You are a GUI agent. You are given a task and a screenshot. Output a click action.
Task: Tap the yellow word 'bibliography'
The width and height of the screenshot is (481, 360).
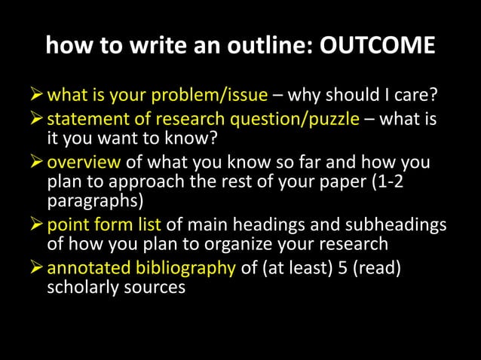186,268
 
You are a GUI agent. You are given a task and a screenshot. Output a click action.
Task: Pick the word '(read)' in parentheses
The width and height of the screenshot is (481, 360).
372,268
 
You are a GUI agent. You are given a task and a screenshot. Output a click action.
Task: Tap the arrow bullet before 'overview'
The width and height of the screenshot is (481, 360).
36,161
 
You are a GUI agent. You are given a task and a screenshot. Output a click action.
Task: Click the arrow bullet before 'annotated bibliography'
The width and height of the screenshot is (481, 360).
36,268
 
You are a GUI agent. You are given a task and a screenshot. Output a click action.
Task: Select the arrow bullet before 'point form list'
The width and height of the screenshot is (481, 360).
36,224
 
